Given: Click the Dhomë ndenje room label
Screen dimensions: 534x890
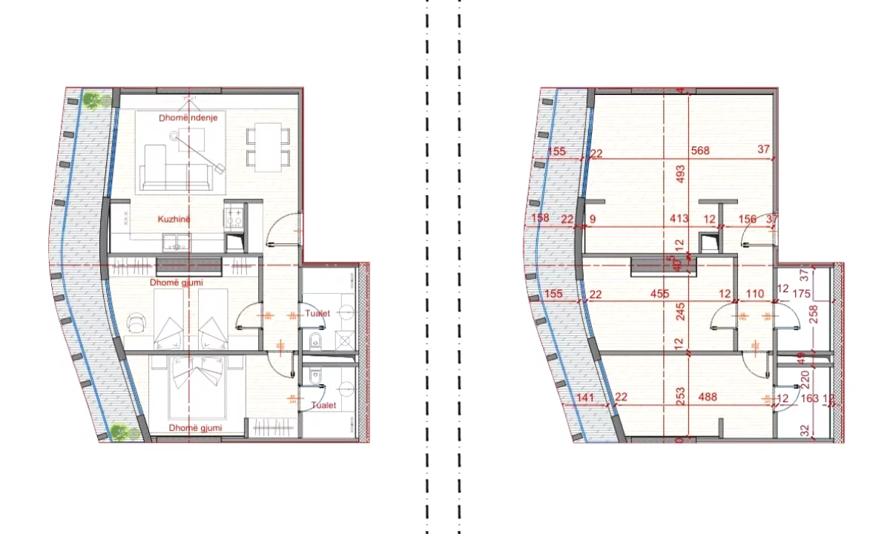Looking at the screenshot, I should (188, 118).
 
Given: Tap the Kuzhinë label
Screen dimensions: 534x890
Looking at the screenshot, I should (174, 220).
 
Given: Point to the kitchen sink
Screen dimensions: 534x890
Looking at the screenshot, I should (177, 241).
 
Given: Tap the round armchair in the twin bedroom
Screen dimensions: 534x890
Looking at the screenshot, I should (136, 322).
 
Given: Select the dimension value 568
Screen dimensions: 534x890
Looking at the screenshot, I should (700, 151).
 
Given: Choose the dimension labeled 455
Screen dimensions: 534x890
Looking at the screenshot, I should (660, 294).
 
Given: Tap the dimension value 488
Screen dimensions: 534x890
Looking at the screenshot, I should (708, 398).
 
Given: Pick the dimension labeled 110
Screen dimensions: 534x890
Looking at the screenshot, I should (754, 294).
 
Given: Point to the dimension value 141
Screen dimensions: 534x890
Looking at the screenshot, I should (587, 398).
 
